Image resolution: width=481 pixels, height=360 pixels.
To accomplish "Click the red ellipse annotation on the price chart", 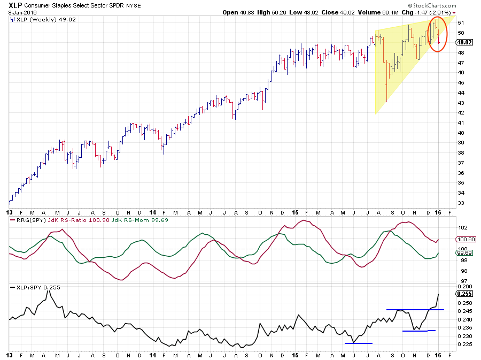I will pos(437,34).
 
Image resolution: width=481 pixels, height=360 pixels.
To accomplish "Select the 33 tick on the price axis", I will pos(460,203).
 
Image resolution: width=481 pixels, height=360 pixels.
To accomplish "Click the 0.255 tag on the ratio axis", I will pos(463,294).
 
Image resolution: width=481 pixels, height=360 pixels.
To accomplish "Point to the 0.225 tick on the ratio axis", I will pos(463,344).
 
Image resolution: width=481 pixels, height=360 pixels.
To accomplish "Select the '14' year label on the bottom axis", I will pos(153,354).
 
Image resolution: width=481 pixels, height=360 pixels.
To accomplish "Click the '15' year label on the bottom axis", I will pos(296,354).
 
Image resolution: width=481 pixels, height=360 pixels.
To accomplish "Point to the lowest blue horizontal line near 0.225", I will pos(359,343).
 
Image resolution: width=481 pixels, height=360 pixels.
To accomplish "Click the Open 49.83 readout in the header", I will pos(237,12).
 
